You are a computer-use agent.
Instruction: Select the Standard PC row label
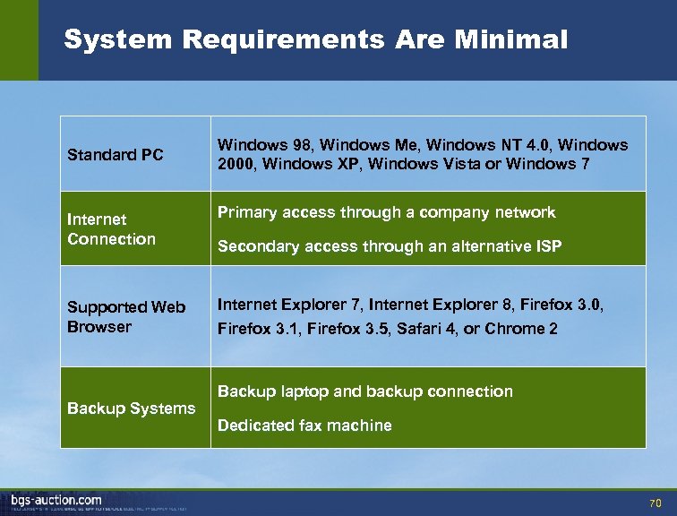tap(116, 155)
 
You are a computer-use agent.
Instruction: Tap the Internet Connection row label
tap(111, 229)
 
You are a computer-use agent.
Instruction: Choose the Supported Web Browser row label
tap(126, 317)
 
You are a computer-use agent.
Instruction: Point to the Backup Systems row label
tap(131, 408)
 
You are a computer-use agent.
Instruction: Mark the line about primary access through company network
tap(387, 212)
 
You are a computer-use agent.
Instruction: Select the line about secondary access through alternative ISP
tap(390, 247)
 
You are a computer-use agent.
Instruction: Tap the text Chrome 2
tap(521, 329)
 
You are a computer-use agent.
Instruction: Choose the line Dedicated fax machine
tap(304, 426)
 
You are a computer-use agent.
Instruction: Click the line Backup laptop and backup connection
tap(365, 391)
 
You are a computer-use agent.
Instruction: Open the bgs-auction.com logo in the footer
tap(56, 500)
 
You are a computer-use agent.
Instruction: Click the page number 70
tap(655, 502)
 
